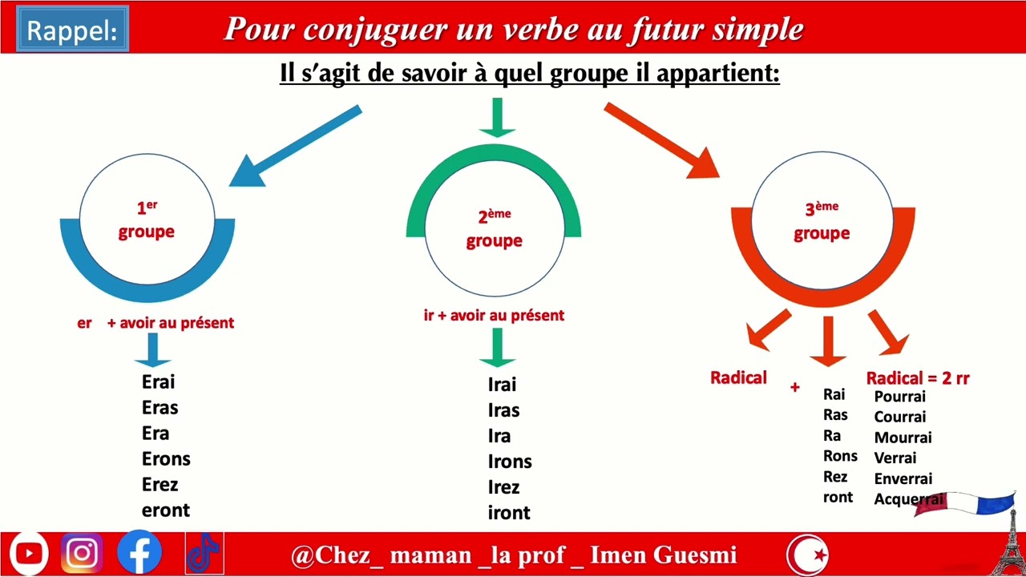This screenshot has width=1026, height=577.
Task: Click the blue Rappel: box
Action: (x=72, y=30)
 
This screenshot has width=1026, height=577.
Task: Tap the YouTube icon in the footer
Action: (x=29, y=554)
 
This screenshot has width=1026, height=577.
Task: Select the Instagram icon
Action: (x=82, y=554)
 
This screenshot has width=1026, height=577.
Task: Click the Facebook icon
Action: (x=139, y=554)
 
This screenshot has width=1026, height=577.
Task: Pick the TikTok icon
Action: (x=204, y=554)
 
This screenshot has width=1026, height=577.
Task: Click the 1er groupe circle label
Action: (x=147, y=220)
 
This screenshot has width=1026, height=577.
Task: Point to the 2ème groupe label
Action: (x=494, y=229)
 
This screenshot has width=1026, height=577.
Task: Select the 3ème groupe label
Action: (x=822, y=221)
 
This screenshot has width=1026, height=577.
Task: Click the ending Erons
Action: (x=166, y=459)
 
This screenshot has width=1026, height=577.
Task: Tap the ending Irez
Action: (x=503, y=487)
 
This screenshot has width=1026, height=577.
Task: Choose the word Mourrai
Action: (x=903, y=438)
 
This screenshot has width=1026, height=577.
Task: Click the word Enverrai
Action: (x=903, y=479)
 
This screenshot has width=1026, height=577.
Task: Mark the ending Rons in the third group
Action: (x=840, y=456)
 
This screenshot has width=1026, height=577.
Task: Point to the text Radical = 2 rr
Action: (x=918, y=378)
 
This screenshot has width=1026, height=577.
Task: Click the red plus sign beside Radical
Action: (x=794, y=388)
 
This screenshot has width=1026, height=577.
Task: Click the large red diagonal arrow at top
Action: (x=662, y=140)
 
